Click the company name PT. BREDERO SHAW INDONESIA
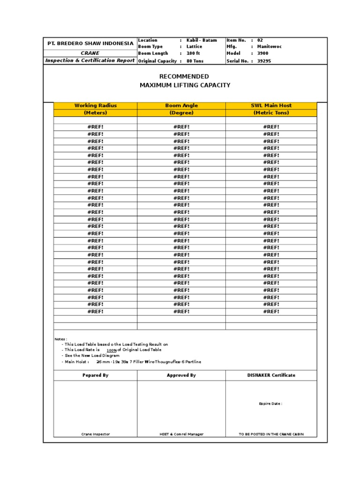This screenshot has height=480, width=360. [x=90, y=43]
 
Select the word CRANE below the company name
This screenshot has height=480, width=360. [x=90, y=53]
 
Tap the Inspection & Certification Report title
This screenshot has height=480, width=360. [x=90, y=60]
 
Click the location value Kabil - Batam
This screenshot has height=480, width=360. [x=202, y=40]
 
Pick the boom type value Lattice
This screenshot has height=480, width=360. [x=194, y=47]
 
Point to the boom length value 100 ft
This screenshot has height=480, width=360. [x=193, y=53]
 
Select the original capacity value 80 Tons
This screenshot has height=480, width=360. [x=195, y=61]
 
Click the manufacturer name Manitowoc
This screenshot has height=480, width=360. [x=270, y=47]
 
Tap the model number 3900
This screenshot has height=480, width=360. [x=263, y=53]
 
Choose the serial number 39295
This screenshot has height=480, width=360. [x=264, y=61]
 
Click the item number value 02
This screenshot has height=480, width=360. [x=261, y=40]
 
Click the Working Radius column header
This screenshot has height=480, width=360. [x=96, y=105]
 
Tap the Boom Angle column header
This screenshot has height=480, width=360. [x=181, y=105]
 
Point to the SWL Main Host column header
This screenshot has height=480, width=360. [x=272, y=105]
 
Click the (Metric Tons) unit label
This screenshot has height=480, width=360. [x=272, y=112]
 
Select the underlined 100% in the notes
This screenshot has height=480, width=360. [x=112, y=350]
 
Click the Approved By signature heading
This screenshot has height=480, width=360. [x=181, y=375]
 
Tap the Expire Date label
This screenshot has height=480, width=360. [x=270, y=403]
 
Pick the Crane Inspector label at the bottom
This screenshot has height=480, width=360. [x=96, y=434]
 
